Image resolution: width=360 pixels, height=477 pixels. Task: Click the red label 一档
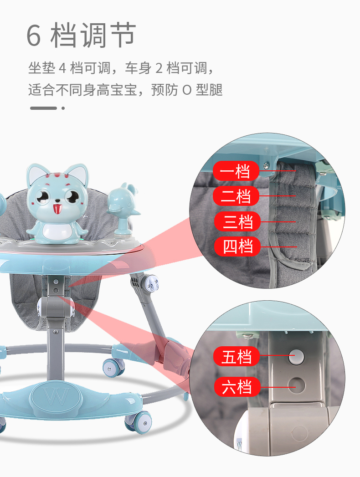click(x=236, y=171)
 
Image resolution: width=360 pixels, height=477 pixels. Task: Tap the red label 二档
click(x=236, y=196)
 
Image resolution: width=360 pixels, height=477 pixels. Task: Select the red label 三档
click(x=237, y=221)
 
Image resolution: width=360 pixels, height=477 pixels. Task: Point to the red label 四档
click(x=237, y=246)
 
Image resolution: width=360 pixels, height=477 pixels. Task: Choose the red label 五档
click(x=237, y=357)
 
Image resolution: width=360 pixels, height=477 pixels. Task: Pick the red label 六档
click(x=237, y=387)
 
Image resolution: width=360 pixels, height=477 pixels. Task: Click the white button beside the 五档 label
click(x=296, y=357)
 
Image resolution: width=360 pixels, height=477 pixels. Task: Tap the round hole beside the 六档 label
click(x=297, y=385)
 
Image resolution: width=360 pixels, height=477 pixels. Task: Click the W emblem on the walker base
click(x=57, y=396)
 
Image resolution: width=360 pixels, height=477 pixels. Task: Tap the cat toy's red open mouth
click(x=57, y=209)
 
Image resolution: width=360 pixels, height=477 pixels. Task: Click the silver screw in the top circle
click(x=266, y=165)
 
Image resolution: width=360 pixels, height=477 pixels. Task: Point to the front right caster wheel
click(x=139, y=422)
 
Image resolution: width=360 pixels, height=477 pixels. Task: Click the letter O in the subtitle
click(x=187, y=90)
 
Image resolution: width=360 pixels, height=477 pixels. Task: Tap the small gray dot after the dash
click(x=63, y=108)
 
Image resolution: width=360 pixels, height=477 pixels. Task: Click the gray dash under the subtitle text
click(x=43, y=108)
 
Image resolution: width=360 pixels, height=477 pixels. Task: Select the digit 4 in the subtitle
click(x=63, y=68)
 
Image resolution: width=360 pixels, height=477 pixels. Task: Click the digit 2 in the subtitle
click(x=159, y=68)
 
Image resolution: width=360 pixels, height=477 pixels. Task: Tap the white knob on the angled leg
click(x=152, y=283)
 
